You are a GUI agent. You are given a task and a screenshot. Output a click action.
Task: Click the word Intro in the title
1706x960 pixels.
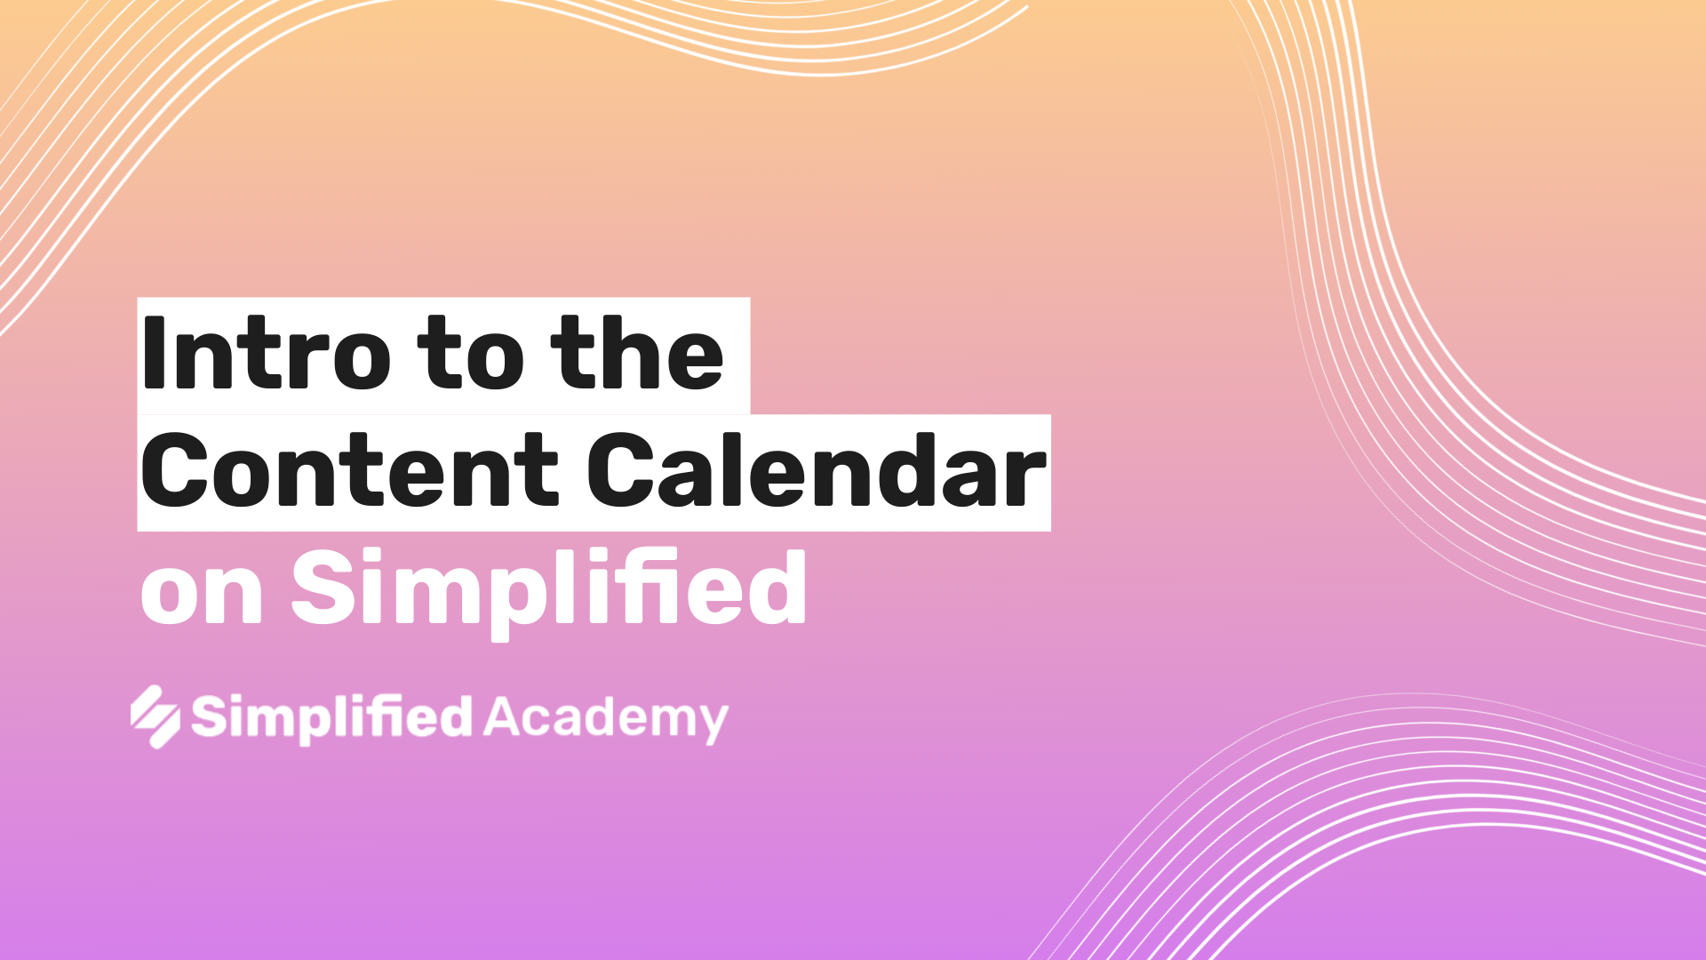[x=266, y=354]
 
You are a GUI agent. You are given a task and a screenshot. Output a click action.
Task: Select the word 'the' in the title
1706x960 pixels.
[x=638, y=353]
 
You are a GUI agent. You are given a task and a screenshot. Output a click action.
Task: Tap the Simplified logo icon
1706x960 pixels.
[x=155, y=716]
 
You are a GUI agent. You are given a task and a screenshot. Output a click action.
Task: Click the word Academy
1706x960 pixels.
[x=606, y=718]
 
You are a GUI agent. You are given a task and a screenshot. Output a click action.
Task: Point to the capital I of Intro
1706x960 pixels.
[x=153, y=354]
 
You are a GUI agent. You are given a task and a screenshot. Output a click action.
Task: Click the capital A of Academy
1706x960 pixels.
[x=504, y=716]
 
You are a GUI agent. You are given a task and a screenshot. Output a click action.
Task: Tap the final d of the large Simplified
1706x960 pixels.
[x=776, y=587]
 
